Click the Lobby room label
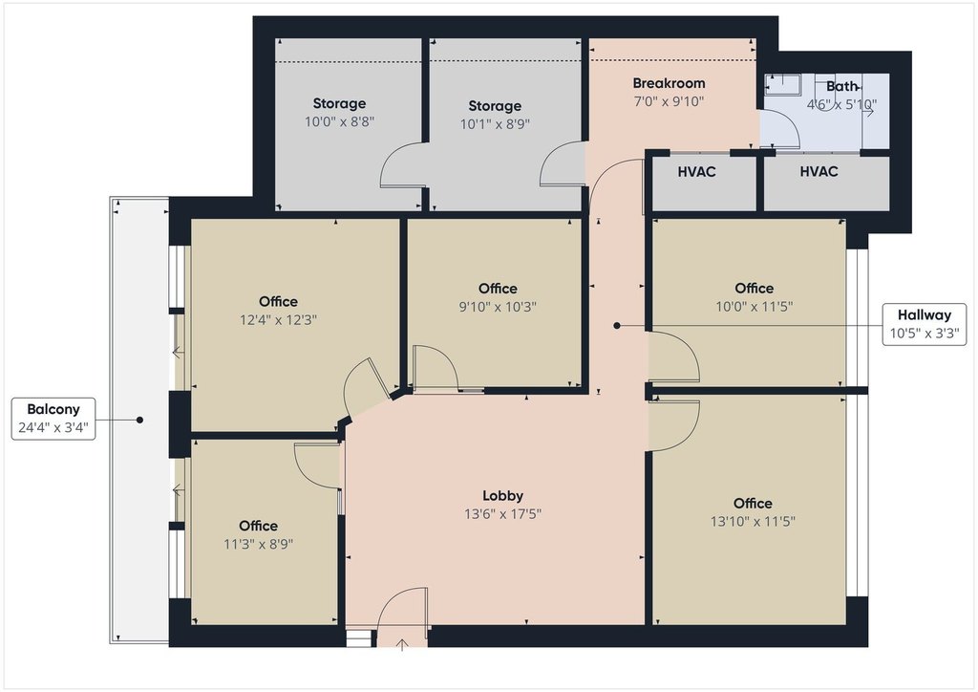pos(502,495)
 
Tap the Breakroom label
pos(669,83)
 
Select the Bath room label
pos(842,86)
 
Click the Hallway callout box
pos(925,324)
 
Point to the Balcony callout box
pos(53,419)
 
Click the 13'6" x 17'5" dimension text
pos(502,514)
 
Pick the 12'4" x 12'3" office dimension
pos(278,320)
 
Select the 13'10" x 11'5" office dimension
pos(753,521)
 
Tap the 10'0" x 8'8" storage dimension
pos(339,121)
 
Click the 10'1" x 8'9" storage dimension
pos(495,124)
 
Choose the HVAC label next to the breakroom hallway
pos(696,172)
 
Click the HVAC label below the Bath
pos(819,172)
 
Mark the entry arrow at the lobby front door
pos(402,644)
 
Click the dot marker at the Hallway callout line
pos(617,326)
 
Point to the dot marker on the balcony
pos(139,420)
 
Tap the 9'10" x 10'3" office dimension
pos(498,307)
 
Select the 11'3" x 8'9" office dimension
pos(258,544)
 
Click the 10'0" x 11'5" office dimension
pos(755,307)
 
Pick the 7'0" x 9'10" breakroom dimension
pos(669,101)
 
